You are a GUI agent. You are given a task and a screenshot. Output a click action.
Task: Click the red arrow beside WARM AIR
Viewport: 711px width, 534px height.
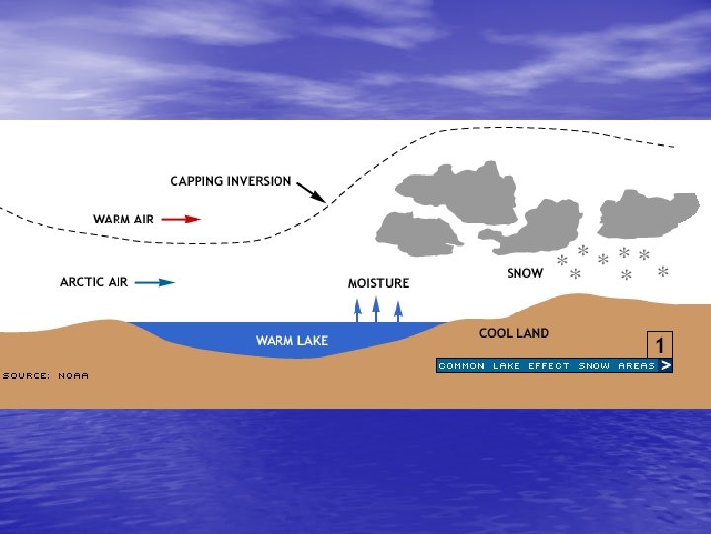181,219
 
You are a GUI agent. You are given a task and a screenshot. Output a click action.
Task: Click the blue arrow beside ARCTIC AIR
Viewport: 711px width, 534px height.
155,282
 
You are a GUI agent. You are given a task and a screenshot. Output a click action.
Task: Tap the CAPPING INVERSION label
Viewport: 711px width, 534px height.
231,182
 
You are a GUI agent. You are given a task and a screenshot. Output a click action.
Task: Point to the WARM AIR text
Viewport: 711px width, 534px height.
123,219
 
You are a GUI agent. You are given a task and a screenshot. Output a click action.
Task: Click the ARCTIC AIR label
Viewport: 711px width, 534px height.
95,282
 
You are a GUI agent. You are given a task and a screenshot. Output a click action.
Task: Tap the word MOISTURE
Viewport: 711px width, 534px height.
378,284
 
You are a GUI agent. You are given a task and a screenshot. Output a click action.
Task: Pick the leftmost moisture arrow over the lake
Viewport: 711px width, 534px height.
358,310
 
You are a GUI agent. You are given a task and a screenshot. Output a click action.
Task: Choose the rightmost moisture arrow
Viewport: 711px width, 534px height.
398,310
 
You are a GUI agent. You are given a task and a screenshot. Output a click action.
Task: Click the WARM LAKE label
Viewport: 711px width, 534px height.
292,341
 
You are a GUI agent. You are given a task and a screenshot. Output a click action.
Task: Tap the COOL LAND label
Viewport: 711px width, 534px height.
514,334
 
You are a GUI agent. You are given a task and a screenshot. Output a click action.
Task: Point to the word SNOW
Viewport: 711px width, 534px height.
525,273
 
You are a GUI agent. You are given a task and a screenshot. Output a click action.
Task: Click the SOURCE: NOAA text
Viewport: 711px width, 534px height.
45,376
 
